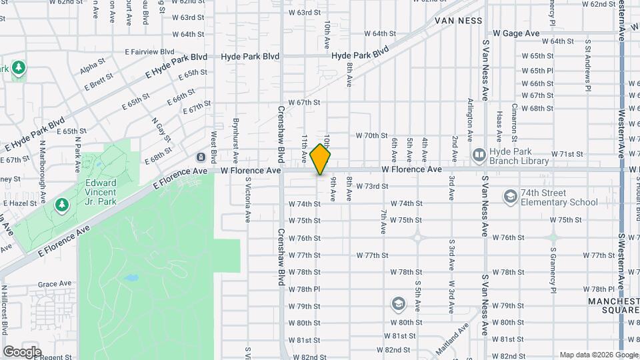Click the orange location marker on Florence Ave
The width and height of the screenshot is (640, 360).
[x=321, y=159]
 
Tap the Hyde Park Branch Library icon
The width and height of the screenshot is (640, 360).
[x=478, y=155]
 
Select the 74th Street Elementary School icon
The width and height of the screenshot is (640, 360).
[x=510, y=196]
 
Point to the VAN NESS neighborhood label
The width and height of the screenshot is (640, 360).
[x=458, y=21]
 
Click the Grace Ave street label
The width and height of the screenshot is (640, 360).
[x=55, y=283]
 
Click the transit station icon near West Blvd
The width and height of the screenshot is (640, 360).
[x=201, y=157]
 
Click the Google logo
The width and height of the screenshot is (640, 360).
[x=22, y=351]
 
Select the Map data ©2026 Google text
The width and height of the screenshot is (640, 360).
[x=598, y=355]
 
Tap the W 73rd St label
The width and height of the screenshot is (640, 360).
[x=372, y=187]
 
